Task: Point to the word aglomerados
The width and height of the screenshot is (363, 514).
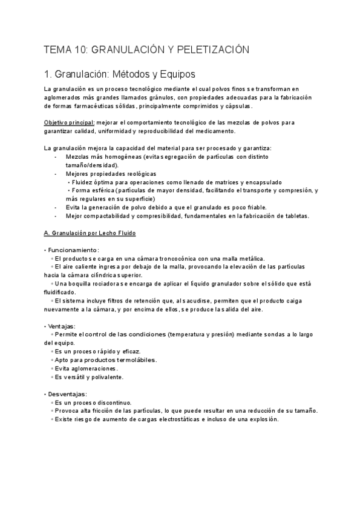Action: click(x=64, y=97)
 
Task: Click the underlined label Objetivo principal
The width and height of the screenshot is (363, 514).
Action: click(x=69, y=122)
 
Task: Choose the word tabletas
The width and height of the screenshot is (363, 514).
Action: click(x=295, y=216)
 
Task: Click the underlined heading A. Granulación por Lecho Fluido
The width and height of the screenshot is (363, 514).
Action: click(x=90, y=233)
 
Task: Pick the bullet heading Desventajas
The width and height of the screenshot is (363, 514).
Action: click(x=69, y=393)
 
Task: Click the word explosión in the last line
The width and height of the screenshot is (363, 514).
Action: click(x=262, y=419)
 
